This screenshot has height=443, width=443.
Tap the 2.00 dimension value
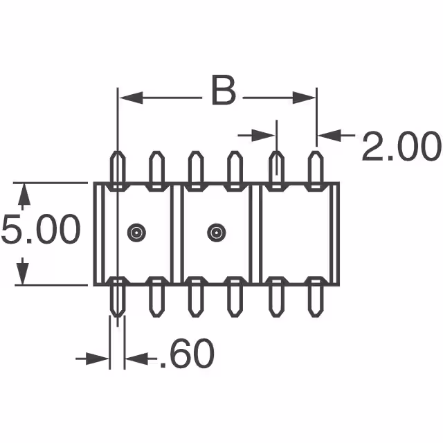(401, 147)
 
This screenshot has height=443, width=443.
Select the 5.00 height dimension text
(40, 230)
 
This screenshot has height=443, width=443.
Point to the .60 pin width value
(186, 355)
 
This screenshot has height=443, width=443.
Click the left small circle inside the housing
(136, 233)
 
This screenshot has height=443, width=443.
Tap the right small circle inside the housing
(216, 233)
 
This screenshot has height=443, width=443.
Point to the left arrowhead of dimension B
(129, 98)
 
